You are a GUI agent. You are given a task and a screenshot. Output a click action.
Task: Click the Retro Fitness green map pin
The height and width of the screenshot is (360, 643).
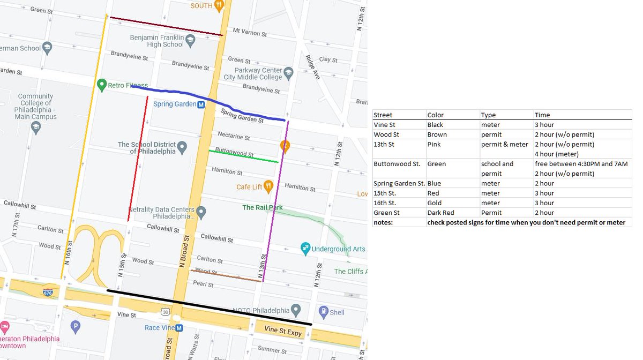[x=101, y=85]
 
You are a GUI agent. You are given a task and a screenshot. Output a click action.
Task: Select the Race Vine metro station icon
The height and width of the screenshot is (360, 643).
[x=179, y=328]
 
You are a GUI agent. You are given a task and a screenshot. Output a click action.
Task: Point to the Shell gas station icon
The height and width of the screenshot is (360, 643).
[x=323, y=311]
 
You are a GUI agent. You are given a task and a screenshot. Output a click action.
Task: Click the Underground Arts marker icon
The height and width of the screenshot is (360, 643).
[x=305, y=248]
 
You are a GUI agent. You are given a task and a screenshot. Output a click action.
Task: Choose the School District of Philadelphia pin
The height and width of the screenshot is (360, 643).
[x=182, y=146]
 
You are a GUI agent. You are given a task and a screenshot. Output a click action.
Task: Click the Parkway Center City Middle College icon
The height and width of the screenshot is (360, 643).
[x=288, y=72]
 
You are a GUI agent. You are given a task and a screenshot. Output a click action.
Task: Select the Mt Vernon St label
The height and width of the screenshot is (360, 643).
[x=250, y=33]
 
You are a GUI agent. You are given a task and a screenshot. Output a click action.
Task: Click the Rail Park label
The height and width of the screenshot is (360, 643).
[x=262, y=207]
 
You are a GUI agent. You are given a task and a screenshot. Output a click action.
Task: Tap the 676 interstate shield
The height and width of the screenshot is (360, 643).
[x=48, y=291]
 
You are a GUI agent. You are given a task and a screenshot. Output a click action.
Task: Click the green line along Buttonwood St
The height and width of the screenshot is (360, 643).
[x=244, y=156]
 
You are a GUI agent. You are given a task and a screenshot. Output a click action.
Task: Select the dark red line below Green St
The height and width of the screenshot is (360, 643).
[x=166, y=26]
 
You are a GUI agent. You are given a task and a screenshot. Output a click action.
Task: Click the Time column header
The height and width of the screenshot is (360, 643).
[x=542, y=115]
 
